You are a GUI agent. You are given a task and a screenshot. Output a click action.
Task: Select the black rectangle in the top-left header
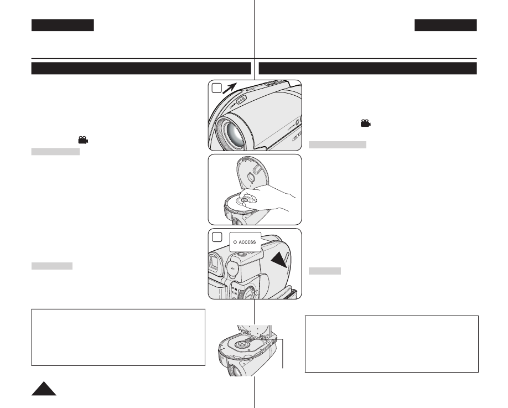(63, 25)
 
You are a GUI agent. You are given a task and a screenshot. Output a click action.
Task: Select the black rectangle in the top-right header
(445, 25)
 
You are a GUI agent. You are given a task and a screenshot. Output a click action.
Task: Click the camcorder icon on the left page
(82, 141)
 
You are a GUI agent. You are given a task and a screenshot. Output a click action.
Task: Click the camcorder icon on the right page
(365, 123)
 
